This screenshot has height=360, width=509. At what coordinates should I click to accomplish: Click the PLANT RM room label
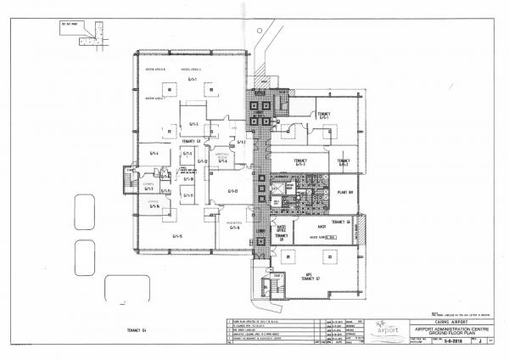(344, 191)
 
